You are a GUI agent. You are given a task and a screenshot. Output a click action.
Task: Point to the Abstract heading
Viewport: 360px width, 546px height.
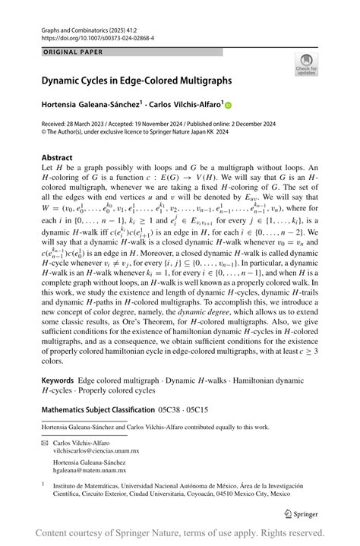pos(56,158)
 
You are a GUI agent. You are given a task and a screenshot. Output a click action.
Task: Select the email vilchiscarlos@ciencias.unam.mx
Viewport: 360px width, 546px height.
pos(96,450)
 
